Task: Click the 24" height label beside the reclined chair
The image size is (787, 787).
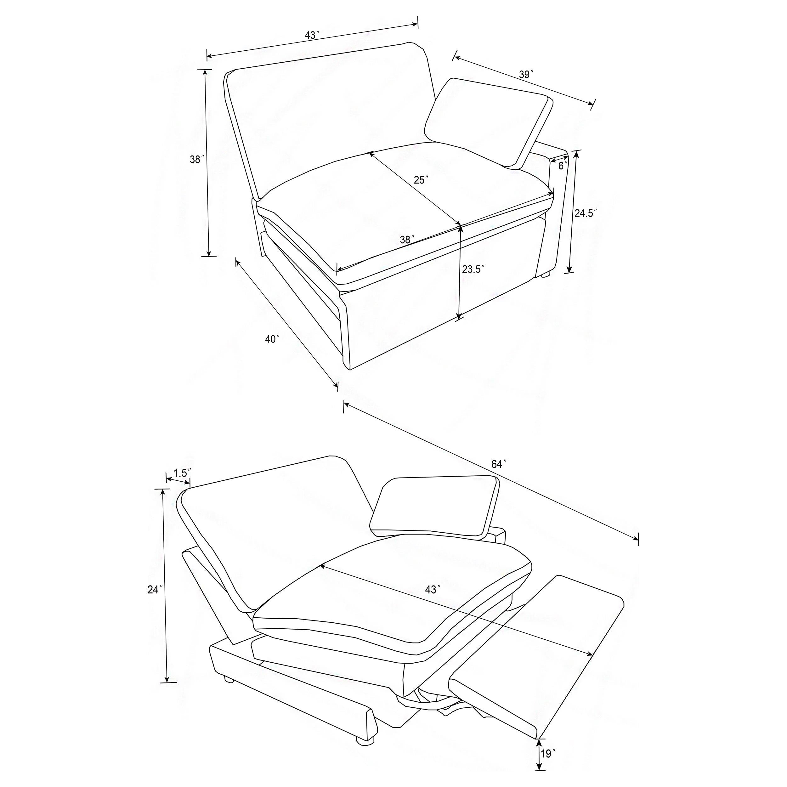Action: point(155,589)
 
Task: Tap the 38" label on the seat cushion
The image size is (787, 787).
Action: point(407,240)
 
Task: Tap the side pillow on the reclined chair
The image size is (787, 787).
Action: point(435,507)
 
